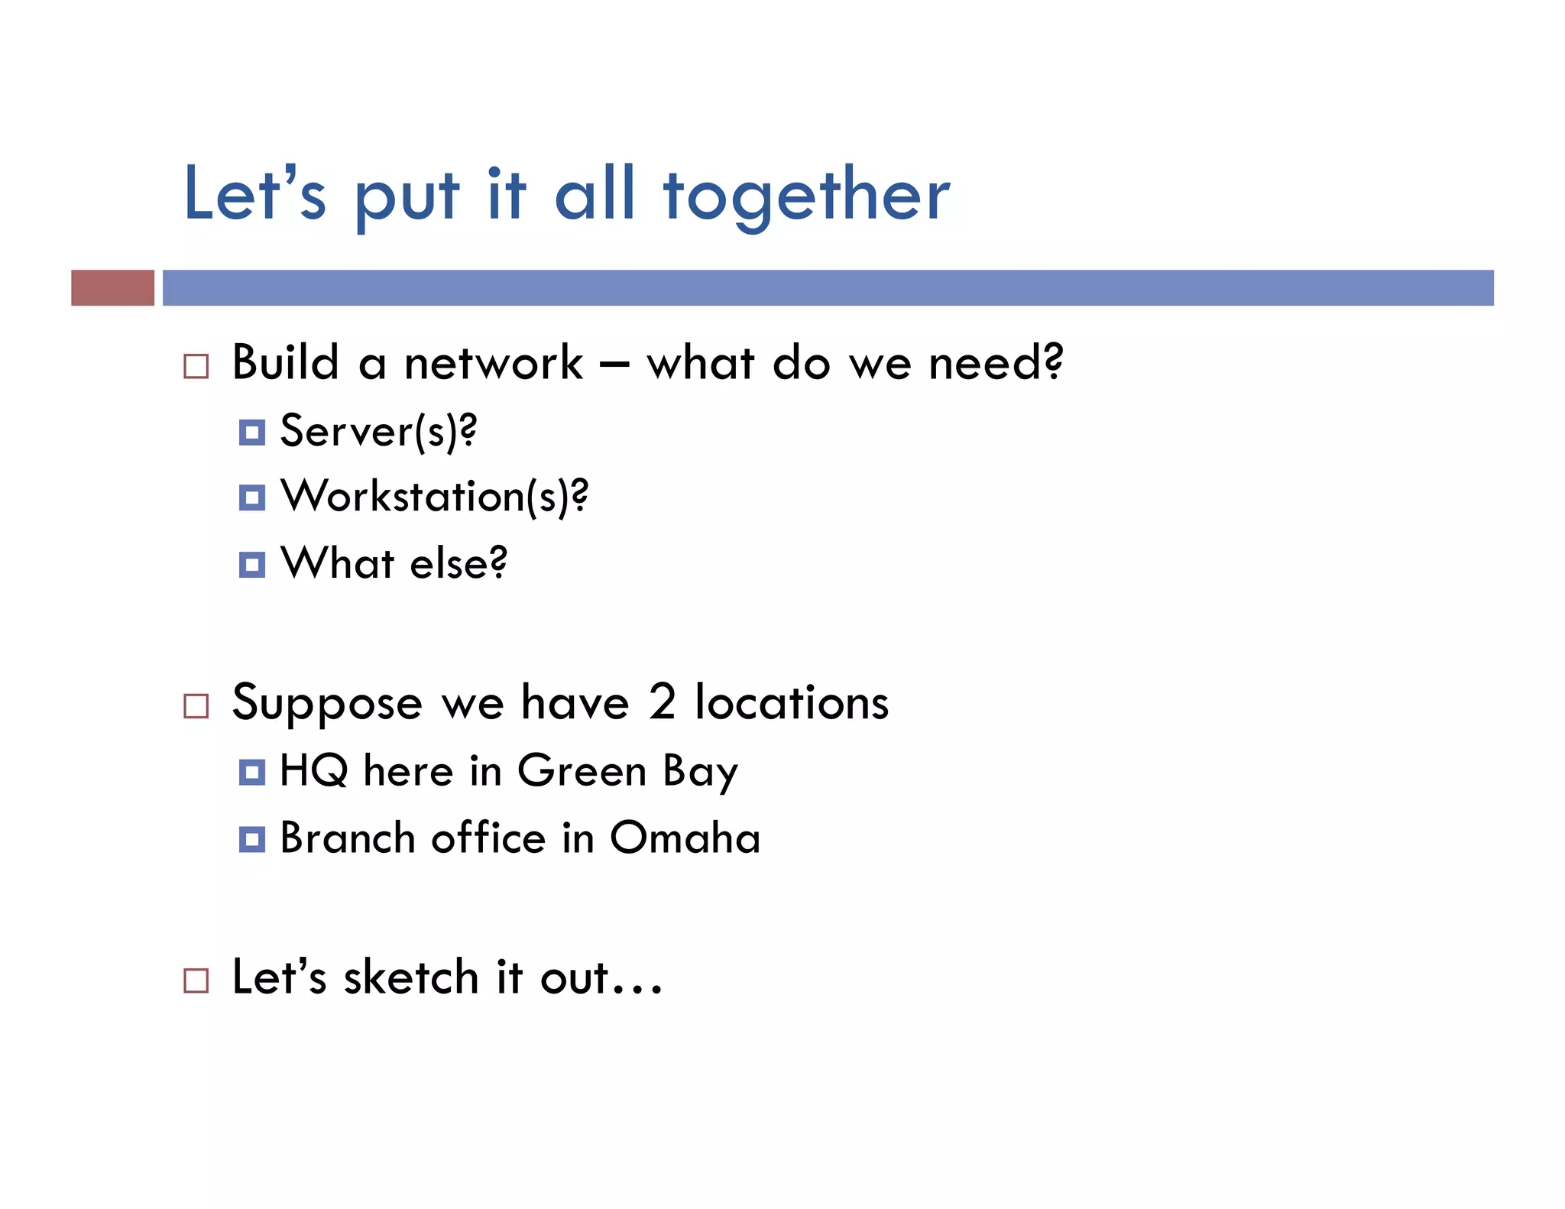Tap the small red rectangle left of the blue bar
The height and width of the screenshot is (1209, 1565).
tap(112, 287)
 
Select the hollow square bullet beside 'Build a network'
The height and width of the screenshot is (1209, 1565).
tap(196, 366)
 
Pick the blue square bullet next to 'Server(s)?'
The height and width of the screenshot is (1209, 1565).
tap(251, 433)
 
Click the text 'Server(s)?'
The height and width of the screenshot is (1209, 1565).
tap(378, 431)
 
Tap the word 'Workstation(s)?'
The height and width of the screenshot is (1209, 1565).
tap(434, 497)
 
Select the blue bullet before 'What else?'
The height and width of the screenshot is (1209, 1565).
tap(251, 565)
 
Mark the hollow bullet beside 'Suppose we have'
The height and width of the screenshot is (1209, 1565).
tap(196, 705)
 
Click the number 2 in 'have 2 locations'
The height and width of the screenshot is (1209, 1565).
tap(662, 702)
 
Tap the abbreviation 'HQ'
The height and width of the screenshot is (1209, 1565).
tap(313, 770)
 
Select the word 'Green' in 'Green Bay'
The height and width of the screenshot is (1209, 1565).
tap(582, 770)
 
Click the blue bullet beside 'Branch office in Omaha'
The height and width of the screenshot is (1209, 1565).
tap(251, 839)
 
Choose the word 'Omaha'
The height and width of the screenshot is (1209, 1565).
tap(685, 838)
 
